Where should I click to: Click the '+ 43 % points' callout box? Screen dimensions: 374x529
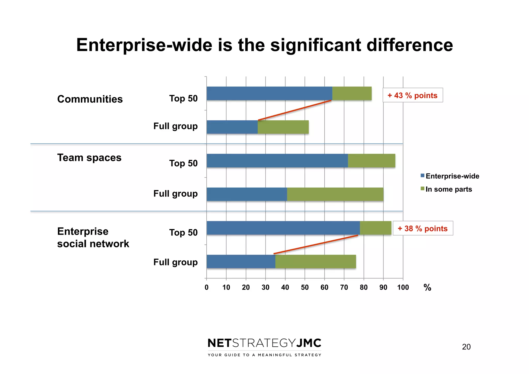click(413, 95)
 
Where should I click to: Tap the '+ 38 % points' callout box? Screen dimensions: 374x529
click(423, 228)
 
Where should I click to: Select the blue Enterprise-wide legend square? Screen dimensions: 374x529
click(422, 176)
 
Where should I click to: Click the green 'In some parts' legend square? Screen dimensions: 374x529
click(422, 189)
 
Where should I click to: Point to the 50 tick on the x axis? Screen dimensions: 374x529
click(305, 287)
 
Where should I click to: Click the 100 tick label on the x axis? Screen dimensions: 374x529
click(403, 287)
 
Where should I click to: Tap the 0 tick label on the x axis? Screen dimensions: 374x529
click(206, 287)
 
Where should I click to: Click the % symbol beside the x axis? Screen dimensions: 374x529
click(427, 287)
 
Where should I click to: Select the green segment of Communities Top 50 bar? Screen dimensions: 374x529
click(352, 93)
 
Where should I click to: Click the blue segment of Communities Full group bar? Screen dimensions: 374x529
click(232, 127)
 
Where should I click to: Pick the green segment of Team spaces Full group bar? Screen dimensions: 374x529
click(335, 194)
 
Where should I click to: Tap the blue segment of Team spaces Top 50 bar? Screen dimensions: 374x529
click(277, 161)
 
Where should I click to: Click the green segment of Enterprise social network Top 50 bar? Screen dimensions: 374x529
click(376, 228)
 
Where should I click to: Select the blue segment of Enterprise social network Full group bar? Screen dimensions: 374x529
click(241, 261)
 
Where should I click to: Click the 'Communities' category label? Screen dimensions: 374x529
click(90, 99)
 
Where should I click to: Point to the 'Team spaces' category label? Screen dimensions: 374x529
click(89, 158)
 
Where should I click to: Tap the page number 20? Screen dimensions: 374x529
click(466, 347)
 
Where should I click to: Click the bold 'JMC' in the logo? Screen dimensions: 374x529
click(308, 343)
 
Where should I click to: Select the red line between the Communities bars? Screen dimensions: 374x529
click(295, 110)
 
